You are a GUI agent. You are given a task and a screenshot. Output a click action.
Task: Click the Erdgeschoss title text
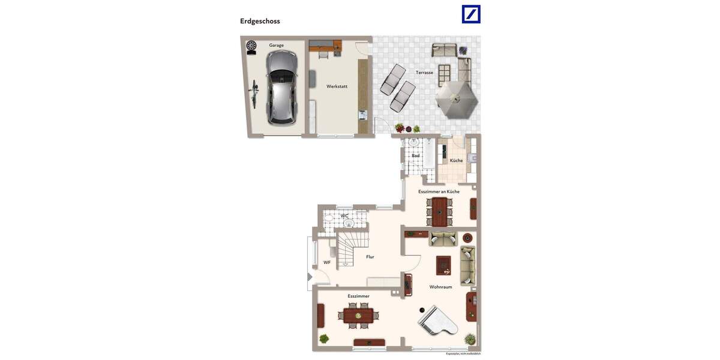(x=260, y=21)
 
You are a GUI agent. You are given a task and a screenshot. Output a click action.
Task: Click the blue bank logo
(x=471, y=14)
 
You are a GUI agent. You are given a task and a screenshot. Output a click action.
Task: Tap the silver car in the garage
(x=281, y=87)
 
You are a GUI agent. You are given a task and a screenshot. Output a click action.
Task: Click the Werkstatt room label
(x=337, y=86)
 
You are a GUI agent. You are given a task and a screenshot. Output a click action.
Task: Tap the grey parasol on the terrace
(x=457, y=98)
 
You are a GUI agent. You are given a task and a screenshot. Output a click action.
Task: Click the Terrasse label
(x=424, y=73)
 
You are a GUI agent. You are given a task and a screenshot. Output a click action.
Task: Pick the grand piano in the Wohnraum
(x=437, y=322)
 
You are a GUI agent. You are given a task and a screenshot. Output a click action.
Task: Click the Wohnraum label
(x=440, y=287)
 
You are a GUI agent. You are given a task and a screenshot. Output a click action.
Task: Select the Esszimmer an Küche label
(x=439, y=191)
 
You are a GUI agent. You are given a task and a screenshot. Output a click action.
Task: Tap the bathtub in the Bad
(x=429, y=154)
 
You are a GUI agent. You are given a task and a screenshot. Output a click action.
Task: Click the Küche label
(x=456, y=161)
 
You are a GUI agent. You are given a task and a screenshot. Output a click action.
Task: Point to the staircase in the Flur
(x=349, y=250)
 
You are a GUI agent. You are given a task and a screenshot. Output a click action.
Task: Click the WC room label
(x=344, y=215)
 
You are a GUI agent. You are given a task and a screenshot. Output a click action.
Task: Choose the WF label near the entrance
(x=327, y=262)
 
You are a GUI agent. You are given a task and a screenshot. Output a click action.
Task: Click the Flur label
(x=370, y=257)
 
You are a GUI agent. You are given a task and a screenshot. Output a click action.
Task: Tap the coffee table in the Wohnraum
(x=443, y=265)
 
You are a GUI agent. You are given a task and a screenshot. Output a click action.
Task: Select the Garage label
(x=276, y=45)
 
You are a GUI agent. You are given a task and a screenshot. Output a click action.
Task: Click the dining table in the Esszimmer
(x=358, y=315)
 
